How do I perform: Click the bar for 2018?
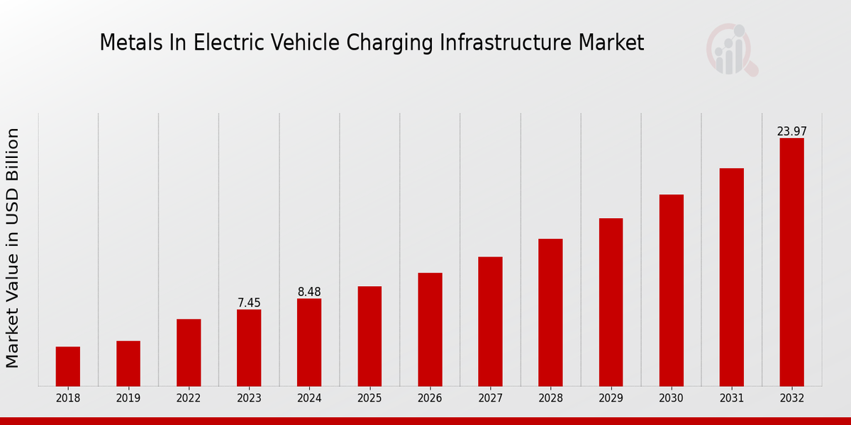coord(68,366)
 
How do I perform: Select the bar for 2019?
coord(128,363)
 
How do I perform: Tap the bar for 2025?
coord(369,336)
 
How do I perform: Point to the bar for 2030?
coord(671,290)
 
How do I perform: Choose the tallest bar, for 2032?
coord(791,262)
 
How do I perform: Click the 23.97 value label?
coord(791,131)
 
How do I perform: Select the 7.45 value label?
coord(249,303)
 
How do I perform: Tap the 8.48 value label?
coord(309,292)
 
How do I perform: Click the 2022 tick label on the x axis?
coord(189,398)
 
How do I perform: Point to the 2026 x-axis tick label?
coord(430,398)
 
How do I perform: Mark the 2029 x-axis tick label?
coord(611,398)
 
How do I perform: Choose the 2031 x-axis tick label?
coord(731,398)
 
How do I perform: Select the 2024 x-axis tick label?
coord(309,398)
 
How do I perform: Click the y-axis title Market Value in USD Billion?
coord(13,248)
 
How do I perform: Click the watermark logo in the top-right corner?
coord(731,50)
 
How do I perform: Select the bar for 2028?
coord(550,312)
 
